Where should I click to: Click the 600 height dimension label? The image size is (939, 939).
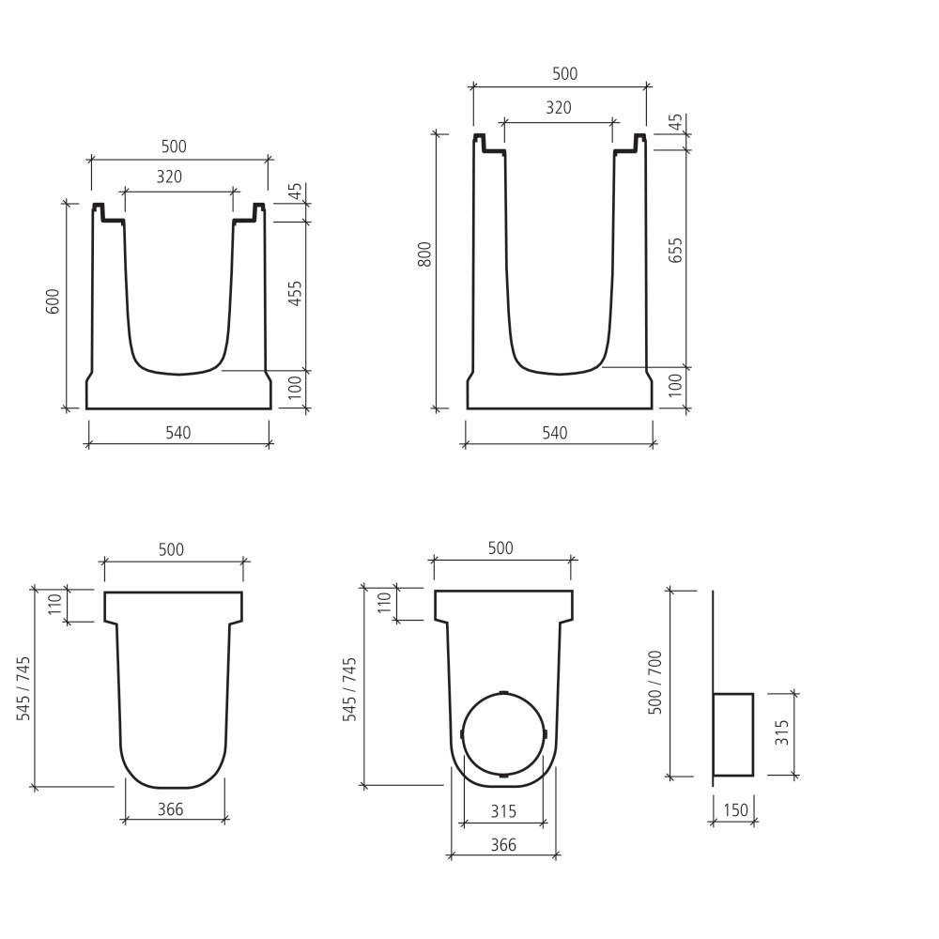click(54, 301)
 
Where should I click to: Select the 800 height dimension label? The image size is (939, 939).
click(424, 254)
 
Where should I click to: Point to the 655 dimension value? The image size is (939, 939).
click(675, 251)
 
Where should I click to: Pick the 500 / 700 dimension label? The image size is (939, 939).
click(656, 683)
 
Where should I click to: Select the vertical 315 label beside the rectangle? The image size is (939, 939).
click(781, 734)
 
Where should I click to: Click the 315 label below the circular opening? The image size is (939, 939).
click(503, 810)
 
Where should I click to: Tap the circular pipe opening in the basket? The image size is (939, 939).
click(503, 734)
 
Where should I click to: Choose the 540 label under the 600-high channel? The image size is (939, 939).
click(178, 433)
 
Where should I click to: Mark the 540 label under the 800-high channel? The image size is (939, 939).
click(555, 433)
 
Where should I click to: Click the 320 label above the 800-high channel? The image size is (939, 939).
click(559, 108)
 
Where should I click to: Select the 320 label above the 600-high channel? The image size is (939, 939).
click(169, 177)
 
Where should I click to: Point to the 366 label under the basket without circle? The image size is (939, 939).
click(170, 808)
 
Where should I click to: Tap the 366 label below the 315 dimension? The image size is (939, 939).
click(503, 845)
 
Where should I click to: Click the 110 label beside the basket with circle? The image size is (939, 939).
click(383, 603)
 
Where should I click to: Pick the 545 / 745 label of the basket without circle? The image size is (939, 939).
click(24, 688)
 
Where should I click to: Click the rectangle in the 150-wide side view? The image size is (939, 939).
click(733, 734)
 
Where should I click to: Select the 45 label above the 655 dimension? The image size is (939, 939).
click(675, 123)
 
